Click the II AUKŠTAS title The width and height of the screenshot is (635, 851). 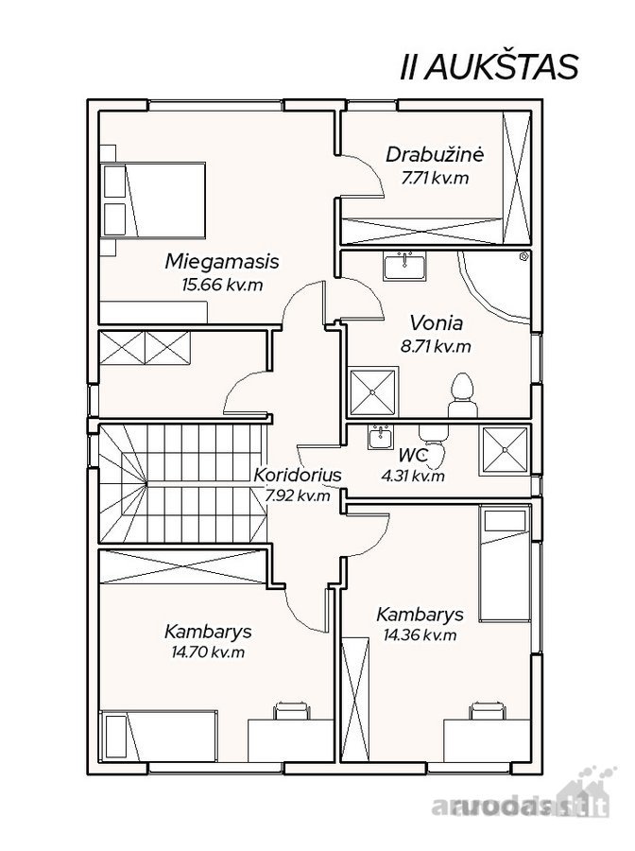pos(489,68)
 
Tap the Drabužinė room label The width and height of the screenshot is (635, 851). pos(434,155)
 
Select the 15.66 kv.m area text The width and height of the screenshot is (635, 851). pos(222,285)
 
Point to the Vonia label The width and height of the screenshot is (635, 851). pos(436,323)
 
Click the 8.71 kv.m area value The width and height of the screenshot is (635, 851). pos(436,346)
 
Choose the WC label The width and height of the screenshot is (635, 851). pos(413,454)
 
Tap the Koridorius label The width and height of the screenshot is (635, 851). pos(298,475)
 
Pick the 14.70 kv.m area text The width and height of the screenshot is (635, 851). pos(208,651)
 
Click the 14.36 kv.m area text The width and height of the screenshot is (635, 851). pos(420,634)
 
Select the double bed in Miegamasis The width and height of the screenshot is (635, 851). pos(153,200)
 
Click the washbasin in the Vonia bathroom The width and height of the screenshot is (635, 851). pos(404,266)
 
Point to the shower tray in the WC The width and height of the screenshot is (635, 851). pos(506,450)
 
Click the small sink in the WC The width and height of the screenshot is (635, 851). pos(381,437)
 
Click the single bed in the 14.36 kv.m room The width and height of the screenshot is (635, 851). pos(505,563)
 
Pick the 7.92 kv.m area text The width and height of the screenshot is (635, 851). pos(298,495)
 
